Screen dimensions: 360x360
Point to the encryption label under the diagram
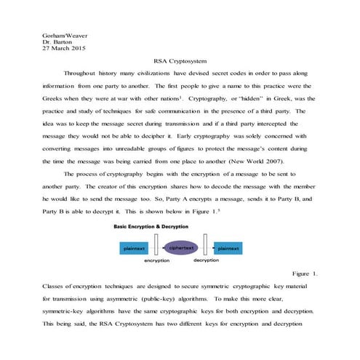[156, 260]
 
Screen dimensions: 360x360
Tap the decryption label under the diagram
[206, 260]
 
